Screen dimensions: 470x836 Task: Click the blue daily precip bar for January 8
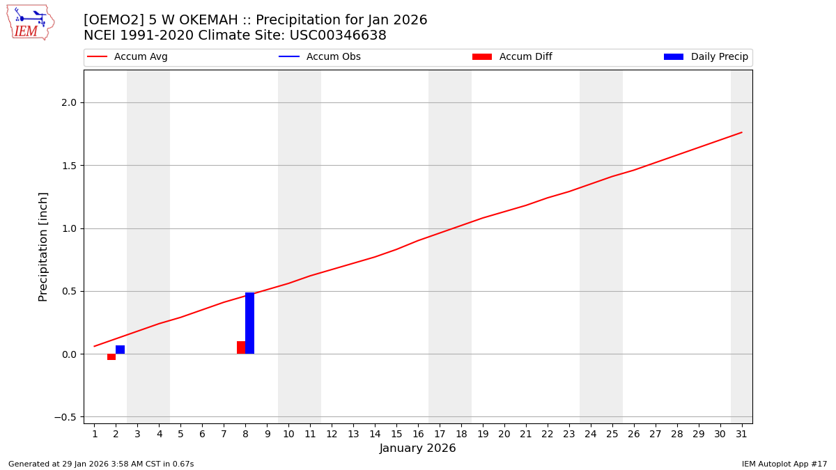click(249, 323)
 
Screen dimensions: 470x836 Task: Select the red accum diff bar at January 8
click(241, 347)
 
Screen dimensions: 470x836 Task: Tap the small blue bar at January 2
click(120, 350)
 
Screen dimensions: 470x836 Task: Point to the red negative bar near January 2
click(111, 357)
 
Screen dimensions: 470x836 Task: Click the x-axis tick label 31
click(741, 434)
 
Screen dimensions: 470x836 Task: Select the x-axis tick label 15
click(396, 434)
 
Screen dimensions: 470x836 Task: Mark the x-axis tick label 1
click(95, 434)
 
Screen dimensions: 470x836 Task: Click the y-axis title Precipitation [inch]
click(43, 246)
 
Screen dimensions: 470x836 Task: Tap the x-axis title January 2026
click(417, 448)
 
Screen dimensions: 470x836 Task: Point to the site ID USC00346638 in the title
click(337, 36)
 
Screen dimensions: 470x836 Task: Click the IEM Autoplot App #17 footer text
click(784, 464)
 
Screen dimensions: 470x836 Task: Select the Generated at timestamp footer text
click(101, 464)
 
